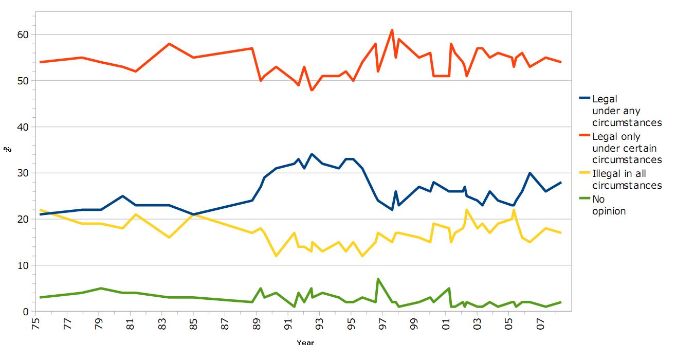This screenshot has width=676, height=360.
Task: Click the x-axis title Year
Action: [x=305, y=343]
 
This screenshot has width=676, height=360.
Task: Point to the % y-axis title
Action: [x=7, y=149]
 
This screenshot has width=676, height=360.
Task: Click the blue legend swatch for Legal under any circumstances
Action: [x=584, y=99]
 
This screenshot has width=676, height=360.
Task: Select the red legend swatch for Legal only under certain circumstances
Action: [x=584, y=137]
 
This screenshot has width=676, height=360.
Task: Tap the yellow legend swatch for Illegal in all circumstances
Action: [x=584, y=174]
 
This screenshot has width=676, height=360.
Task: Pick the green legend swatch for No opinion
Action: [x=584, y=200]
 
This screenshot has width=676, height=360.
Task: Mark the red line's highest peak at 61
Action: [x=392, y=30]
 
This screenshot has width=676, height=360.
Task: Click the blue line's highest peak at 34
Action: [x=312, y=154]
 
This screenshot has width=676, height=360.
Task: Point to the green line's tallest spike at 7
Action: [x=378, y=279]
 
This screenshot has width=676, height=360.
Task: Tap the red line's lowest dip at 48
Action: [x=312, y=90]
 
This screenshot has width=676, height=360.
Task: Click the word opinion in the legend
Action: [x=609, y=211]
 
